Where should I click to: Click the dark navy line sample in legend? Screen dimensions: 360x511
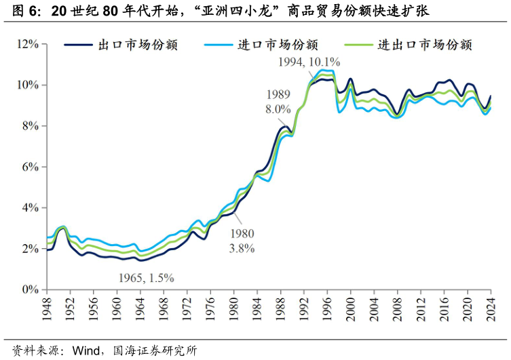78,45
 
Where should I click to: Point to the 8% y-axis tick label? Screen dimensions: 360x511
30,126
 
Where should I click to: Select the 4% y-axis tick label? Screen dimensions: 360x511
30,207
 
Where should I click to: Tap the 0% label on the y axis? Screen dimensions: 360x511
30,289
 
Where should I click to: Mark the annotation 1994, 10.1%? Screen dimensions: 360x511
309,62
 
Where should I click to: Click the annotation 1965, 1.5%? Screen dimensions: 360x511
147,277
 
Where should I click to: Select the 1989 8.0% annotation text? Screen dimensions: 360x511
278,101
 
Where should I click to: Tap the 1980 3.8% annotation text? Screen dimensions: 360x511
242,241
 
